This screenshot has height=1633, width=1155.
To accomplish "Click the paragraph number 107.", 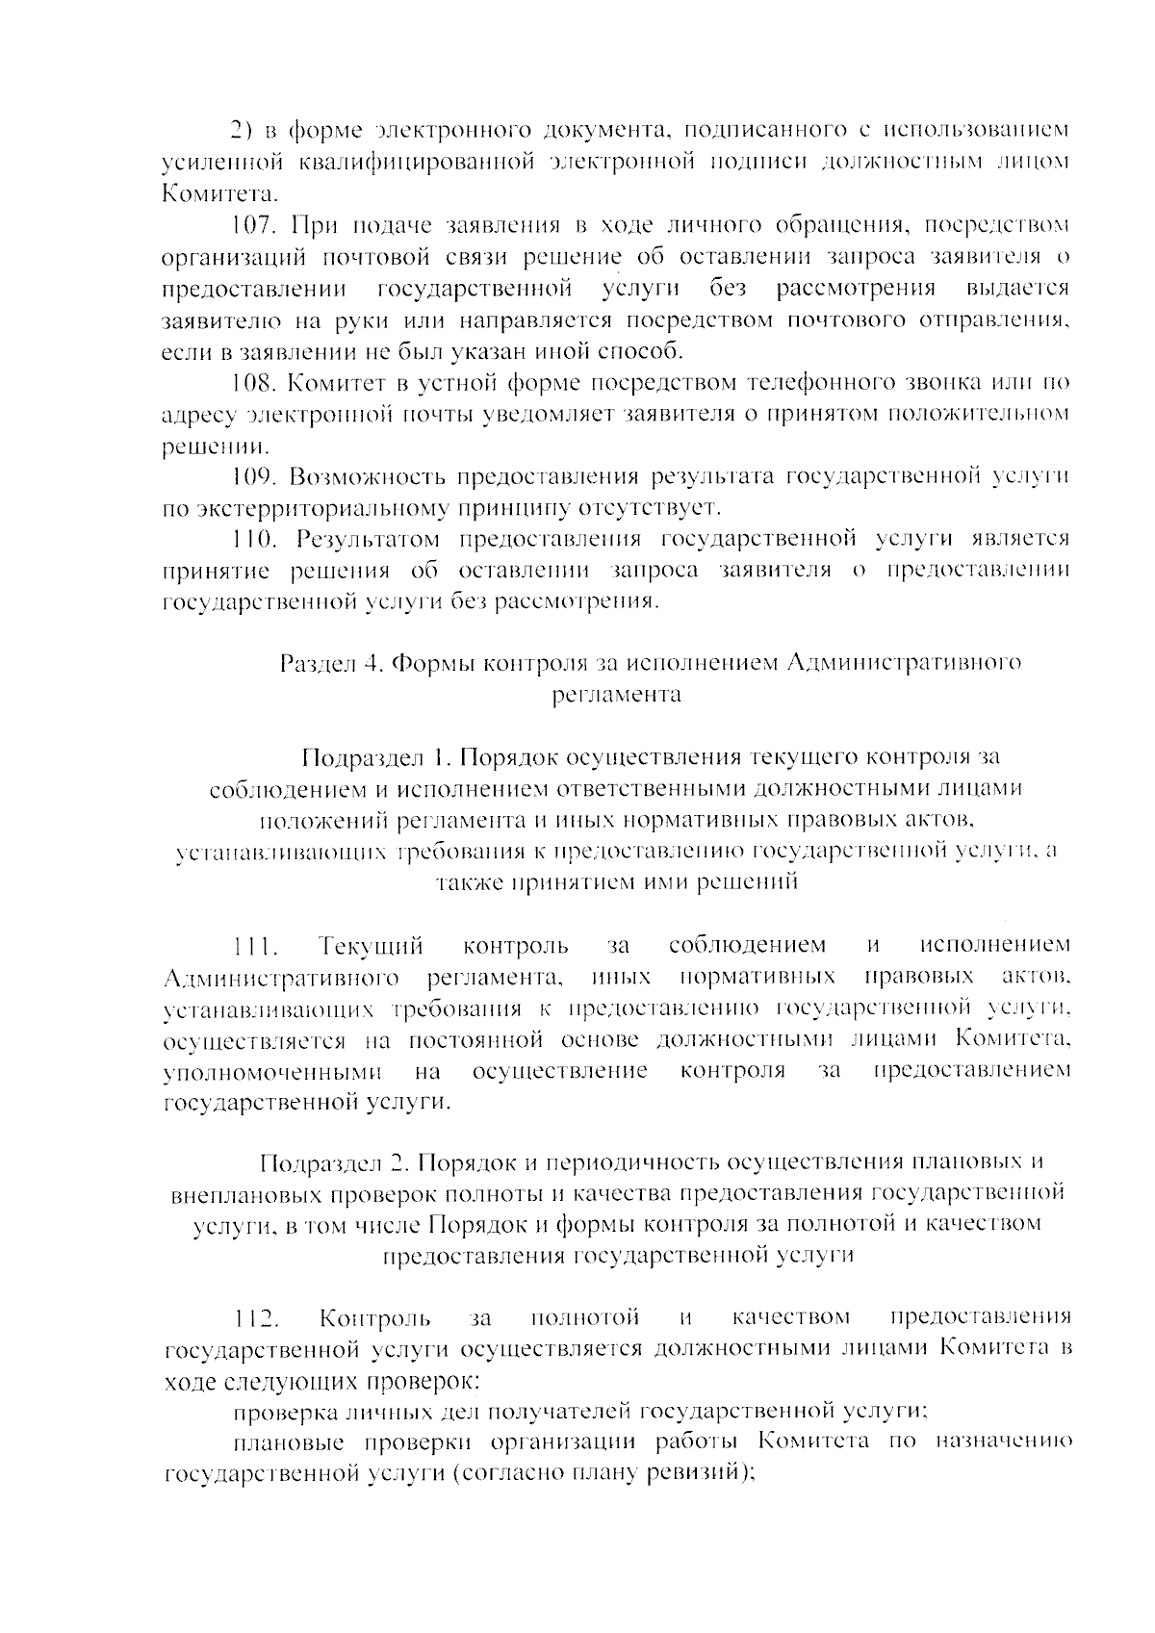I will click(255, 226).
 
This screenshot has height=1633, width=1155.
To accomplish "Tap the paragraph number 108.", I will click(255, 383).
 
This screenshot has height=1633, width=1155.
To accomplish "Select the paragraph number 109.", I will click(255, 476).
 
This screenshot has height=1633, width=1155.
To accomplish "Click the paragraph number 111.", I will click(255, 947).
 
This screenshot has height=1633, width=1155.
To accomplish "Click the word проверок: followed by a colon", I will click(423, 1380).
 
